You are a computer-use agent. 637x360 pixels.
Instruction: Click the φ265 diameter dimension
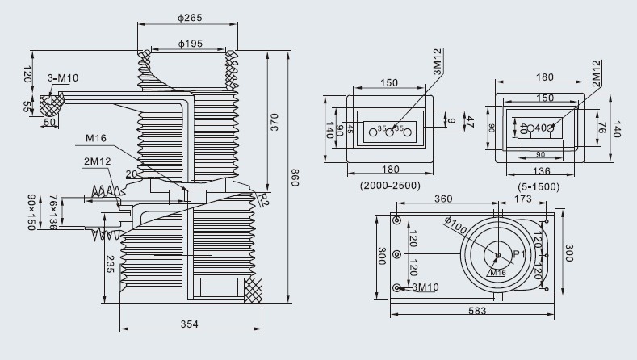tap(189, 17)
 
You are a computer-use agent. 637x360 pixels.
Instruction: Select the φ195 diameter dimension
tap(189, 44)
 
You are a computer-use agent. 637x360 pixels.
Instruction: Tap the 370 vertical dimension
tap(274, 121)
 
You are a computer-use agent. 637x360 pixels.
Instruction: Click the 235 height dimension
tap(109, 264)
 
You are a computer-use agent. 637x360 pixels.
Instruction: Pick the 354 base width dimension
tap(189, 324)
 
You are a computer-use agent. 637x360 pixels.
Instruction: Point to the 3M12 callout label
tap(437, 65)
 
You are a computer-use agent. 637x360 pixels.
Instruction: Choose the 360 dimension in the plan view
tap(443, 199)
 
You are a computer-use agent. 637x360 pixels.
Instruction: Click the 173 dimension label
tap(523, 199)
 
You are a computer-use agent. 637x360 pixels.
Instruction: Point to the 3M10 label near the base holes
tap(425, 287)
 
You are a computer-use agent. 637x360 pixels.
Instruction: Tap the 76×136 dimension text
tap(53, 211)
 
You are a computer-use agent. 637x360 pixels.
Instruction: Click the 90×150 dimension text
tap(32, 211)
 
